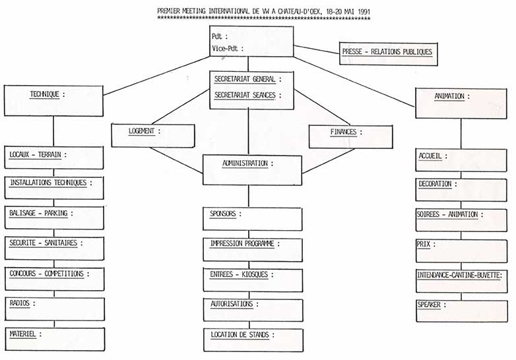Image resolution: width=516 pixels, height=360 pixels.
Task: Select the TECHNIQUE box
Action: click(53, 102)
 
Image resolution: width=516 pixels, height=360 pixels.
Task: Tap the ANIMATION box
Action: click(456, 103)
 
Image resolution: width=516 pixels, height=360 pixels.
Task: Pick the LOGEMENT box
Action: click(153, 135)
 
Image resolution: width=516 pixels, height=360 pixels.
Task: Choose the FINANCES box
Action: click(346, 135)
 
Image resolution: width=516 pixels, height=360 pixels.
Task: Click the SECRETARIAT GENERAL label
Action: click(245, 79)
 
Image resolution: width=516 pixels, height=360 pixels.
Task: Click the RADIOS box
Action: click(54, 308)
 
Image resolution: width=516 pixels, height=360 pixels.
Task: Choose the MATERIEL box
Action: click(54, 338)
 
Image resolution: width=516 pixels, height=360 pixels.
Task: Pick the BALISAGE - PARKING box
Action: click(54, 218)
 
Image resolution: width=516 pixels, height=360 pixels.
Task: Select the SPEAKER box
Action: click(456, 310)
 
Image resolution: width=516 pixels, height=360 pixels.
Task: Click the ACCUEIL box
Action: click(456, 160)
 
